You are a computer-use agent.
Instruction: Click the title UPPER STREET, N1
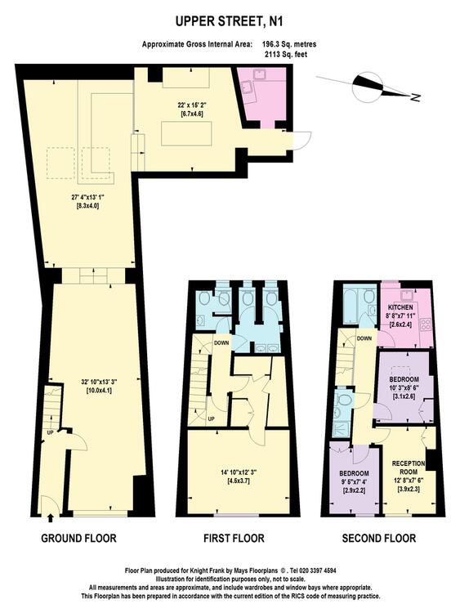coord(229,22)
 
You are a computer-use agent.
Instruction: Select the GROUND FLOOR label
coord(78,539)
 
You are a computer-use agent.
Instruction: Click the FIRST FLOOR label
coord(234,539)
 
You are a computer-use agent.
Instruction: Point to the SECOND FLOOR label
coord(379,539)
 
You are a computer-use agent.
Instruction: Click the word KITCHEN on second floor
coord(400,307)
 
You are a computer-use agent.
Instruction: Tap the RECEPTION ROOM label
coord(409,468)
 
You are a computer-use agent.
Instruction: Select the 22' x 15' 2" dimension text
coord(192,105)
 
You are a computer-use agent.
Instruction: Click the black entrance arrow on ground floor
coord(50,518)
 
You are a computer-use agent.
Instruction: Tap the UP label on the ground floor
coord(50,432)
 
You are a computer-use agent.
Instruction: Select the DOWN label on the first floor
coord(221,342)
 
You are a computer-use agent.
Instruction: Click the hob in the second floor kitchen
coord(425,324)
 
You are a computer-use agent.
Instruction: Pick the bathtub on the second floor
coord(352,305)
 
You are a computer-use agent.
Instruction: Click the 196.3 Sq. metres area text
coord(289,44)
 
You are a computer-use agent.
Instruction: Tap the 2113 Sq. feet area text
coord(286,54)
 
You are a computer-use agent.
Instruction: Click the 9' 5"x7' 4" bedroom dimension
coord(354,481)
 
